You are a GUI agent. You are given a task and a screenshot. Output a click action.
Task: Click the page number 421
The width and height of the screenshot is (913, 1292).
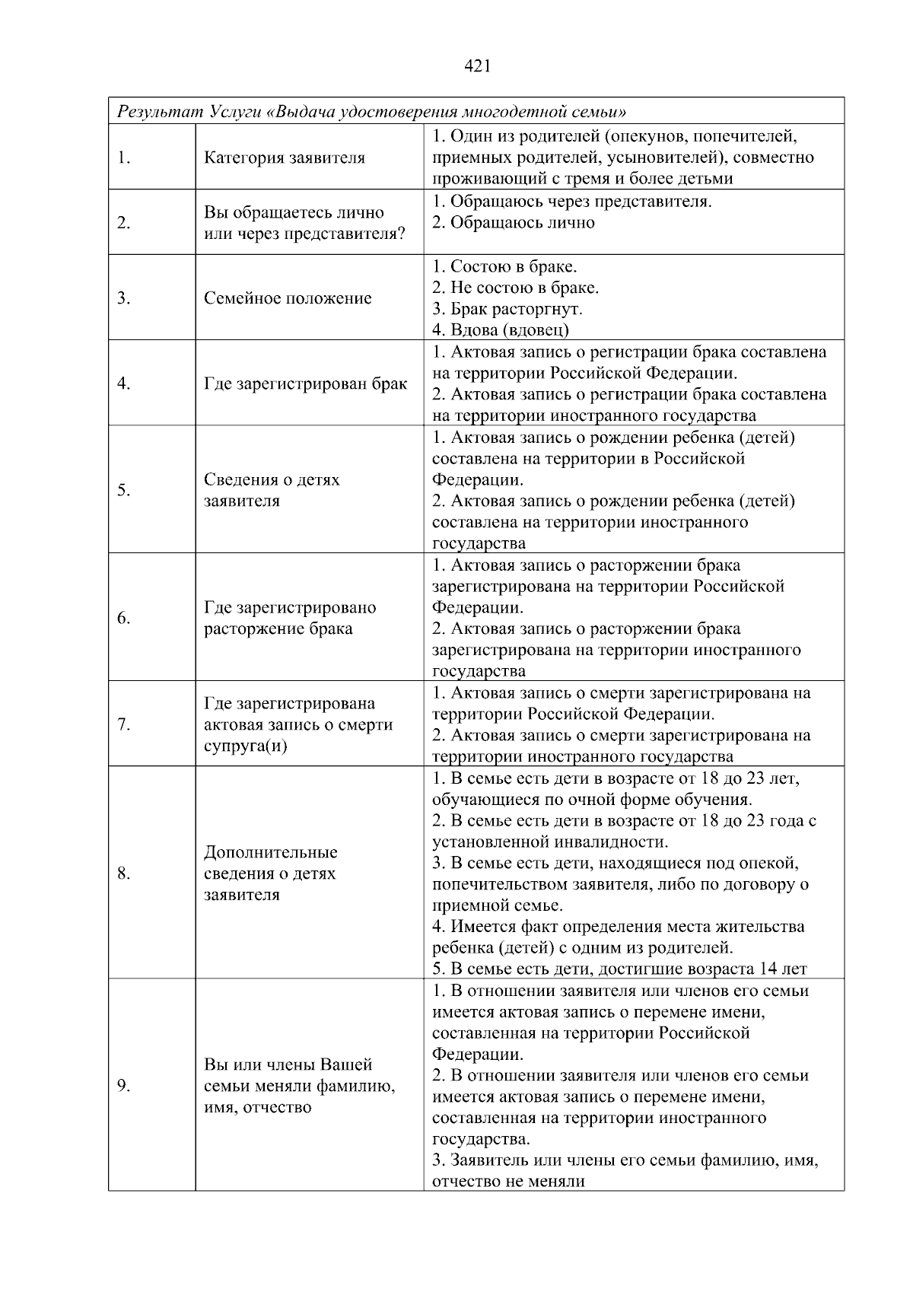click(476, 66)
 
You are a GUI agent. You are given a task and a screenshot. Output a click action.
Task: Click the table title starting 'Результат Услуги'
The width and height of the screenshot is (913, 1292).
click(371, 112)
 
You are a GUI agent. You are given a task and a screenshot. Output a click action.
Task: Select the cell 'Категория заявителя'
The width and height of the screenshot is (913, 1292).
click(285, 158)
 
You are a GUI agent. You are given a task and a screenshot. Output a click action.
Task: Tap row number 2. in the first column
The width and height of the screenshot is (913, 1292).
click(124, 223)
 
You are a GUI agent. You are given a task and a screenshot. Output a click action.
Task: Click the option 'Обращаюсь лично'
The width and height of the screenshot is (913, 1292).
click(522, 223)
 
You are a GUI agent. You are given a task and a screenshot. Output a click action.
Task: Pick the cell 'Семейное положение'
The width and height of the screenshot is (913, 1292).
click(288, 298)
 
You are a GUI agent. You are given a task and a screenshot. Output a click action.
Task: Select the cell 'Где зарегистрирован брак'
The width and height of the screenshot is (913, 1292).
click(305, 383)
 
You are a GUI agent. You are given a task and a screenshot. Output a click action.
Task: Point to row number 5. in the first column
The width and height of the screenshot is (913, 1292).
click(124, 490)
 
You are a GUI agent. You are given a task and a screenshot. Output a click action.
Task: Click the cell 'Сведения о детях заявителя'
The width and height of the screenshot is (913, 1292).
click(272, 490)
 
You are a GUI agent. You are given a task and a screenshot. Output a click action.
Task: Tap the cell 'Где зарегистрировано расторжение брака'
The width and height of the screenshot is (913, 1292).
click(290, 618)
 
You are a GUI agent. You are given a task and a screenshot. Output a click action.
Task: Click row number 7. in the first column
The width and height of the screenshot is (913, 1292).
click(124, 724)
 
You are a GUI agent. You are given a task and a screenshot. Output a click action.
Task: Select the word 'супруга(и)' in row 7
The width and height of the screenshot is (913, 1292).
click(245, 746)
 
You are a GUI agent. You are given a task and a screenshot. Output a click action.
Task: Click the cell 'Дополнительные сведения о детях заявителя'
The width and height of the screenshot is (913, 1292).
click(271, 874)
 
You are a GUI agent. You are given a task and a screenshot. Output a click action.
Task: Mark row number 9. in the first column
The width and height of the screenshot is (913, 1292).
click(124, 1086)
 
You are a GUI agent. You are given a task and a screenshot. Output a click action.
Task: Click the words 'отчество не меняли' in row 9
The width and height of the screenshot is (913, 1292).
click(508, 1182)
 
